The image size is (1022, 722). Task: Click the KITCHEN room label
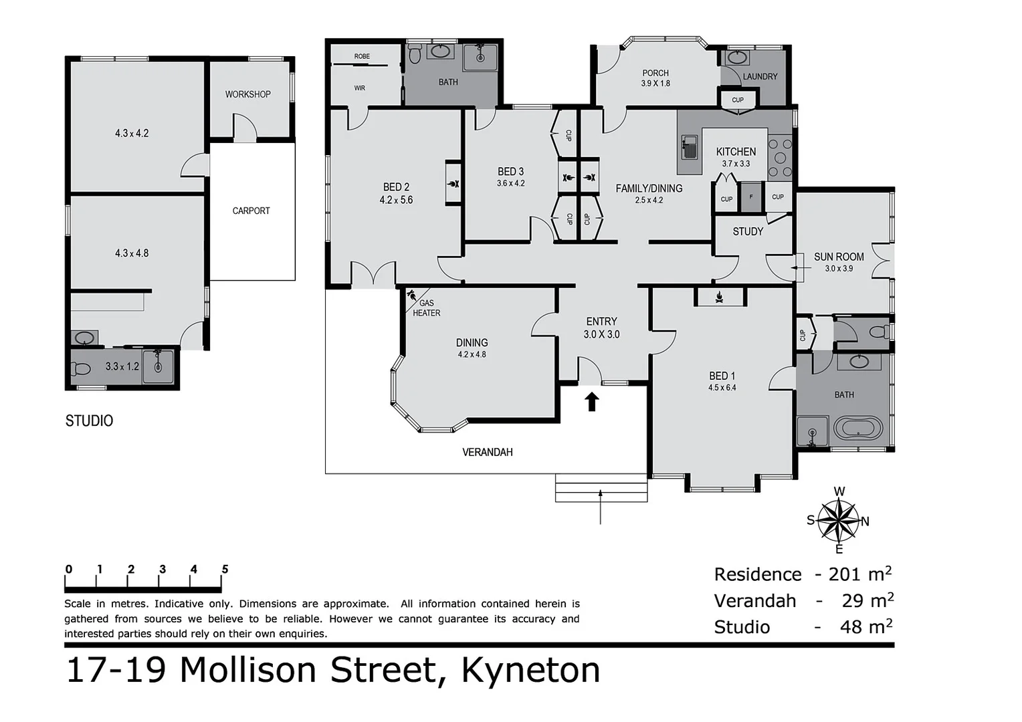point(736,152)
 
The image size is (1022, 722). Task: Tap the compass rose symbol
point(839,521)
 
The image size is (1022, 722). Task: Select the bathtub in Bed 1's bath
point(858,429)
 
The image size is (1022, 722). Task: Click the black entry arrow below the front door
point(592,401)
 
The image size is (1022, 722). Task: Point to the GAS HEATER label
point(426,308)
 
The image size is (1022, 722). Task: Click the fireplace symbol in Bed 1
point(720,296)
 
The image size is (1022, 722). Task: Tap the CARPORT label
point(251,211)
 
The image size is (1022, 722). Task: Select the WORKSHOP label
point(247,94)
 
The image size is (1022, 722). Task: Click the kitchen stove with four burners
point(780,158)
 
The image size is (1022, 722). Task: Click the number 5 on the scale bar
point(225,570)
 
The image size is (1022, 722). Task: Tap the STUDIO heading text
point(89,420)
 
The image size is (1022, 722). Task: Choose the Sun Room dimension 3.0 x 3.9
point(839,269)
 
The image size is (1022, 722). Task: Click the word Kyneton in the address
point(530,670)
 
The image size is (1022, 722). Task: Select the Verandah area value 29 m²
point(867,600)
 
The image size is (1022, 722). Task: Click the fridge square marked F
point(751,197)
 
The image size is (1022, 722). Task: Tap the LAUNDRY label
point(760,76)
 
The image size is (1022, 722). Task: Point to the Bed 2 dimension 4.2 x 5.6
point(396,200)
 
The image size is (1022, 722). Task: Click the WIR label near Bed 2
point(360,88)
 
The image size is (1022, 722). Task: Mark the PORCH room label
point(655,73)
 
